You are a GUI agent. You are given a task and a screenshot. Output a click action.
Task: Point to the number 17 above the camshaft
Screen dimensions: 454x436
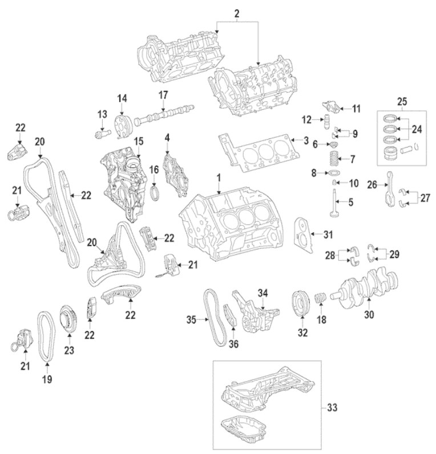(x=164, y=94)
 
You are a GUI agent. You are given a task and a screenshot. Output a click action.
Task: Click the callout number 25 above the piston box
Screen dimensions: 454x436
(x=403, y=101)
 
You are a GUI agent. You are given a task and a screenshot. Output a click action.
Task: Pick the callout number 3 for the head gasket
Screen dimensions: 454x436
(x=306, y=139)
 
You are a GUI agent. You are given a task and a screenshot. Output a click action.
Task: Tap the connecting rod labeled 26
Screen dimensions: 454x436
(x=390, y=185)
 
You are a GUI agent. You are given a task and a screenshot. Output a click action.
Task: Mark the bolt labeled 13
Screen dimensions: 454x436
(x=102, y=134)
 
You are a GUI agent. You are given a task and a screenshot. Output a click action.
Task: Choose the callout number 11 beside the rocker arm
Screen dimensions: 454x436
(x=357, y=108)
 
